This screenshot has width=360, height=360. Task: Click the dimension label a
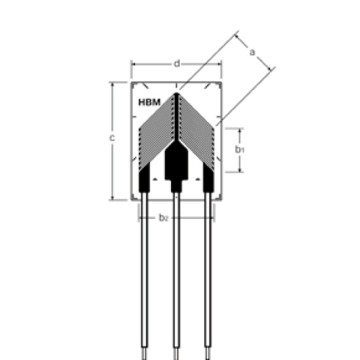click(x=252, y=52)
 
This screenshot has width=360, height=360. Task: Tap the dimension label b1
click(x=239, y=150)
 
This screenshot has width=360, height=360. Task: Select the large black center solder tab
click(x=176, y=161)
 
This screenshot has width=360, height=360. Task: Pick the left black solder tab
click(x=145, y=180)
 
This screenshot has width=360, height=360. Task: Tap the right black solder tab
click(x=208, y=180)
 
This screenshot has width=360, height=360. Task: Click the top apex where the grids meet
click(x=176, y=94)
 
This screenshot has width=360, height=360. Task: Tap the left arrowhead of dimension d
click(x=133, y=64)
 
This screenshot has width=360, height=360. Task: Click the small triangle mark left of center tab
click(x=154, y=181)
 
